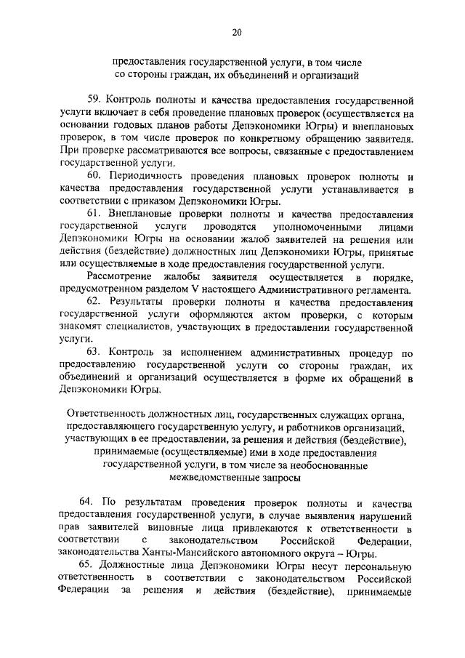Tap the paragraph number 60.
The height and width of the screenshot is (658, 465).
coord(94,177)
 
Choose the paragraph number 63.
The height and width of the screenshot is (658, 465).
coord(94,353)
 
